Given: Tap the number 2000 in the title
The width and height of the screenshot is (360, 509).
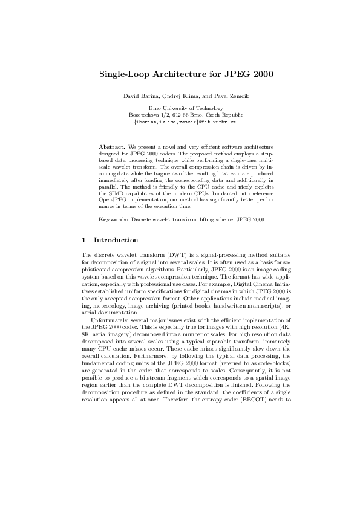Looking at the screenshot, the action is coord(260,74).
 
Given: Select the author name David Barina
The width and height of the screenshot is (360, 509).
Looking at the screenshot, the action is coord(140,97).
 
